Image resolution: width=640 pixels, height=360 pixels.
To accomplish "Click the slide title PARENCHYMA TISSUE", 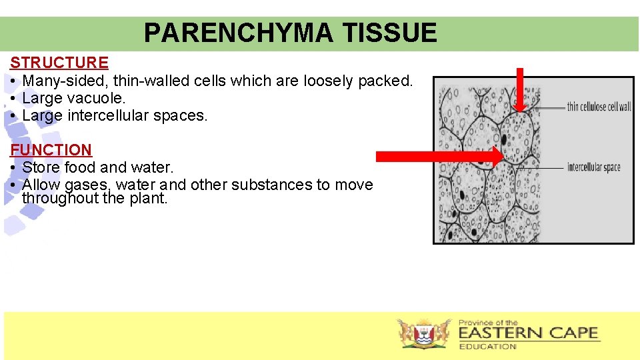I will [x=290, y=33].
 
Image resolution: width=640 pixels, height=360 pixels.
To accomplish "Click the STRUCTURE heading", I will [x=59, y=63].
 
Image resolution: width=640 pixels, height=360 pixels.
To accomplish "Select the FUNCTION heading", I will [x=51, y=150].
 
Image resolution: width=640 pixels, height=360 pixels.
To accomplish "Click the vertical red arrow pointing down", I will [x=521, y=87].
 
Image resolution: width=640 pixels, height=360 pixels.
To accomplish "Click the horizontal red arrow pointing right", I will [x=440, y=157].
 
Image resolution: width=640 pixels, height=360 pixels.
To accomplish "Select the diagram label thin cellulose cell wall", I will [x=599, y=107].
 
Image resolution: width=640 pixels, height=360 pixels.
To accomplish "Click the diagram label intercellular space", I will [x=593, y=167].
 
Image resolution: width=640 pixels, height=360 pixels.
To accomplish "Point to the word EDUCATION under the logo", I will [x=487, y=347].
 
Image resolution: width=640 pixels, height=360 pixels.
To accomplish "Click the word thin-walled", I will [x=151, y=81].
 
